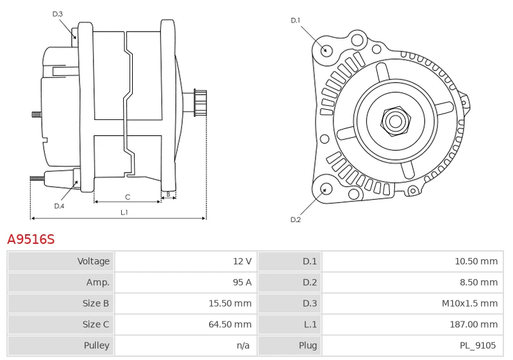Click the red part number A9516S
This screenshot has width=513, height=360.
point(31,239)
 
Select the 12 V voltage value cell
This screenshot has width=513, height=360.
point(242,261)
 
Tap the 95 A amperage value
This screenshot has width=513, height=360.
point(242,282)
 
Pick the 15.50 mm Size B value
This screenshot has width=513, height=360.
point(230,304)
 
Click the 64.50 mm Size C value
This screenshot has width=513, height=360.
point(230,324)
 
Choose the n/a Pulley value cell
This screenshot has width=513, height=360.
point(243,345)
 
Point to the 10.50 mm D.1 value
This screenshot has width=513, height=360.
point(476,261)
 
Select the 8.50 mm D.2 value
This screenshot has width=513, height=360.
point(478,282)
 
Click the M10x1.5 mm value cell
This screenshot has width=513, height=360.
point(470,304)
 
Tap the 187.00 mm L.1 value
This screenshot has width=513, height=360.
point(474,324)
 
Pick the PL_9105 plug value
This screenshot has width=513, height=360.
point(478,345)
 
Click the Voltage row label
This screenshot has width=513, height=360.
point(93,261)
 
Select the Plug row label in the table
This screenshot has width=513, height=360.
point(308,346)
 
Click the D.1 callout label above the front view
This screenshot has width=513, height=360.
point(296,21)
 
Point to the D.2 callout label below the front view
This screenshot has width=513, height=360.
point(296,219)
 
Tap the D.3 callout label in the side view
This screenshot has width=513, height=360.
point(57,13)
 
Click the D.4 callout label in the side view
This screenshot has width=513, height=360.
point(59,206)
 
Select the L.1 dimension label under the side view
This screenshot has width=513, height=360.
point(124,212)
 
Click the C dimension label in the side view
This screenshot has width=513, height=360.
point(128,197)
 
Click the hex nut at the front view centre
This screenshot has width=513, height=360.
point(396,121)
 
